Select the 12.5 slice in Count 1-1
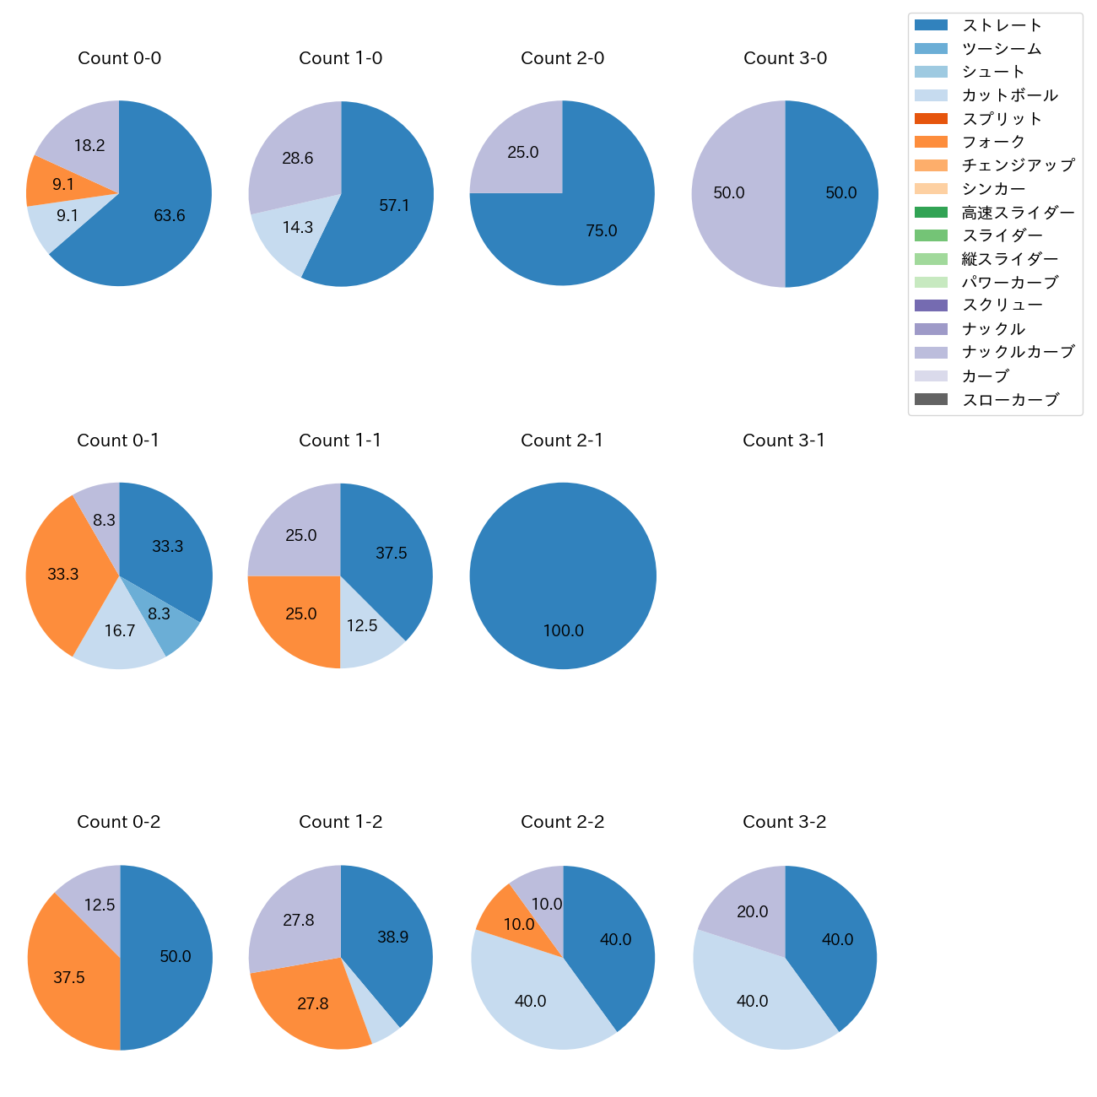click(363, 626)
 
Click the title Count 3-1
click(784, 440)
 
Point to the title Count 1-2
click(341, 822)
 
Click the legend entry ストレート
click(1002, 25)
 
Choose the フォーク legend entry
click(993, 142)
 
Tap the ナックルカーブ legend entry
click(1018, 352)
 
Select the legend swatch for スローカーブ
click(931, 400)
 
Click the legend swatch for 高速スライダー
click(931, 213)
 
